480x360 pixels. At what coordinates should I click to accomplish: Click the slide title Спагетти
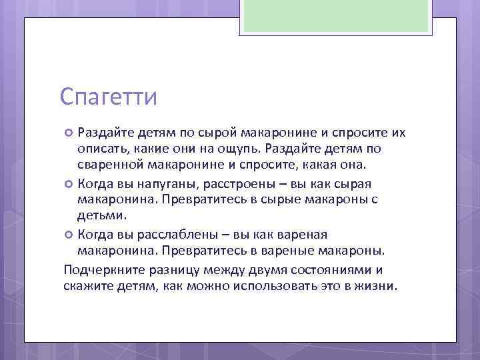(108, 97)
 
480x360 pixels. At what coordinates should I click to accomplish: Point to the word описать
(101, 148)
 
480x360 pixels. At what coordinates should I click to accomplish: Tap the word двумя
(259, 270)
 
